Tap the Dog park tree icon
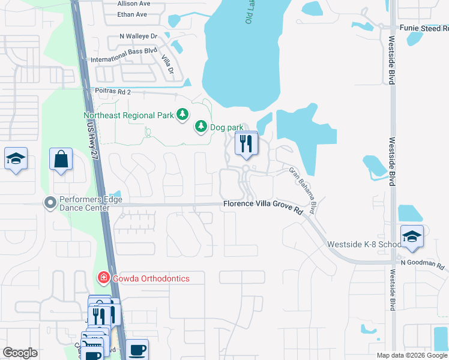pos(200,127)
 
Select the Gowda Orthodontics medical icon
pos(103,278)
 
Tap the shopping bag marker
pos(61,160)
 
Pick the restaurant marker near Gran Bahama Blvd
pos(246,144)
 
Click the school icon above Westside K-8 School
pos(412,236)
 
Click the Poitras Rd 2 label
pos(113,91)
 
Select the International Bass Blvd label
pos(124,56)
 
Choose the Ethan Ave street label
pos(133,14)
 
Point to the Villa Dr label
pos(167,65)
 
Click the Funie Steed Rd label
pos(424,28)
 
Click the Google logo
pos(20,353)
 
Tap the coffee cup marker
pos(137,349)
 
